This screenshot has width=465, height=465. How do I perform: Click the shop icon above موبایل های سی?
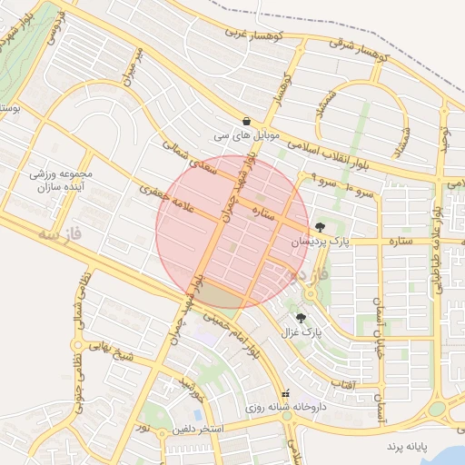point(247,121)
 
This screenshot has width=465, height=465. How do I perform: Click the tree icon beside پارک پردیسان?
point(320,227)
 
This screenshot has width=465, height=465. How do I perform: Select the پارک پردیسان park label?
point(320,242)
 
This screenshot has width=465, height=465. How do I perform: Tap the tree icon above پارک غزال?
point(302,317)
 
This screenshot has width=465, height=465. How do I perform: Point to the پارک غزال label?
point(302,331)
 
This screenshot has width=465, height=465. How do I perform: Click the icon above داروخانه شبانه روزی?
point(287,394)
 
